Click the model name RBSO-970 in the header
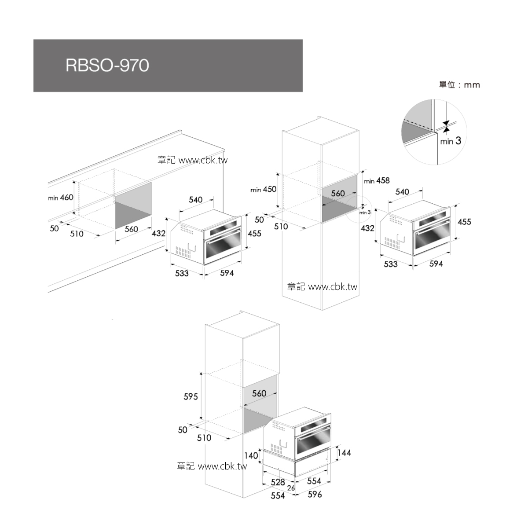(107, 65)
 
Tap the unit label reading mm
(472, 85)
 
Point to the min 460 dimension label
(61, 197)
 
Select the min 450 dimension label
(263, 189)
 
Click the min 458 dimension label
(377, 180)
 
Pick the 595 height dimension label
(191, 396)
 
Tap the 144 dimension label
(344, 452)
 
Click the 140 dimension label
(251, 455)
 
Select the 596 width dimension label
(315, 494)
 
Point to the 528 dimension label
(278, 482)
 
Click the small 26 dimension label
(291, 488)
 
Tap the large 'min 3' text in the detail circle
(451, 141)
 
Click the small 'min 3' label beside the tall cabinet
(365, 213)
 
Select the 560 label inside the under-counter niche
(131, 229)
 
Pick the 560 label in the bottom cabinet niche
(259, 393)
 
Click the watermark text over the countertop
(192, 160)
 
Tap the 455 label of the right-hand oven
(465, 222)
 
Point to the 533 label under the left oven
(182, 273)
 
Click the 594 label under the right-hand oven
(436, 264)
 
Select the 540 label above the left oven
(196, 200)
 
